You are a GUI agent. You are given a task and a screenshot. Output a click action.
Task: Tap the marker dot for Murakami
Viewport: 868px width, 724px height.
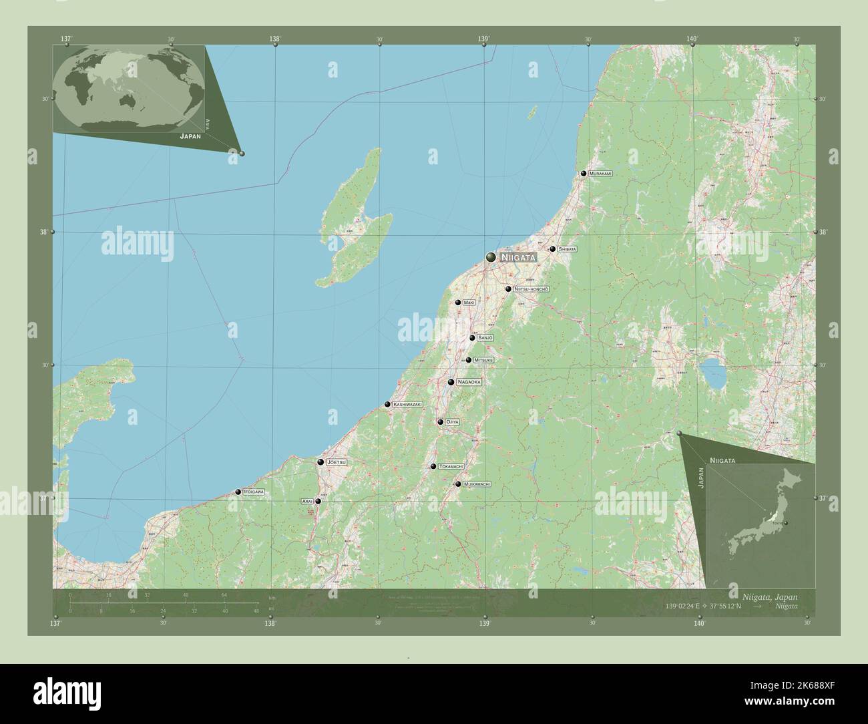[584, 174]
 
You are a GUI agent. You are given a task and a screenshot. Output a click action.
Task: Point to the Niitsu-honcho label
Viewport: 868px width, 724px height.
[531, 289]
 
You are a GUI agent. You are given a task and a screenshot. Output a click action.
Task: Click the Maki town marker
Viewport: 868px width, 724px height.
[458, 303]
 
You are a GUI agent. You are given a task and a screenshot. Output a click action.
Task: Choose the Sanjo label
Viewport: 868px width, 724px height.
[485, 338]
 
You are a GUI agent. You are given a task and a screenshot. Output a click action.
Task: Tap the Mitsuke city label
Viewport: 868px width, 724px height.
[483, 360]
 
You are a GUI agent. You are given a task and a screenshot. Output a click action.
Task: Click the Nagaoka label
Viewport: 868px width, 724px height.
[469, 382]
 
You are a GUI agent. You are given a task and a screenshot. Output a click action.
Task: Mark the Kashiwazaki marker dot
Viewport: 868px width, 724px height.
[387, 404]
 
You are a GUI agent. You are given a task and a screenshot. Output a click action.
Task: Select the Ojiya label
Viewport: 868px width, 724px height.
[452, 422]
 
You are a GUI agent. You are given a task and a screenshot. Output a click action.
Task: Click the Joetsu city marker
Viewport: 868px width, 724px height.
[320, 462]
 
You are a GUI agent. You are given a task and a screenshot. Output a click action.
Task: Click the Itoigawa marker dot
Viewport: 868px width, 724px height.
[238, 492]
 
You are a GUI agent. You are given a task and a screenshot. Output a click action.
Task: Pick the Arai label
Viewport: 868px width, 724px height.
[307, 501]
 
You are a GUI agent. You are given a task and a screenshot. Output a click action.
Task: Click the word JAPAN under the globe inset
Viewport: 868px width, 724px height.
[190, 136]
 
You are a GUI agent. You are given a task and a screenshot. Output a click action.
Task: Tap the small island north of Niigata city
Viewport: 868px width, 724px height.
[533, 112]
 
